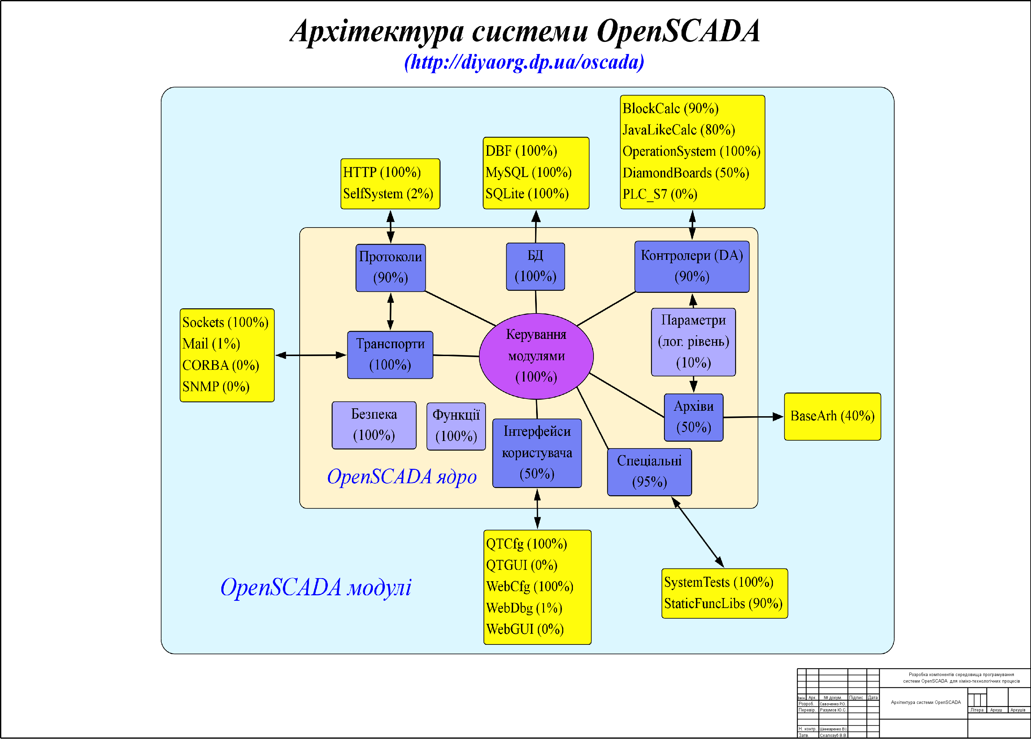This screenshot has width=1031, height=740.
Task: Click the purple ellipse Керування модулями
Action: tap(536, 356)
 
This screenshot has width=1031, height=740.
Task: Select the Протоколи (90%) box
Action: tap(390, 268)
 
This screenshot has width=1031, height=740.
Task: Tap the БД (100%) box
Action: tap(535, 266)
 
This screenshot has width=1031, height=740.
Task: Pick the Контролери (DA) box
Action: tap(691, 266)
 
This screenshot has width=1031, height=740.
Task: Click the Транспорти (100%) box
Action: tap(390, 355)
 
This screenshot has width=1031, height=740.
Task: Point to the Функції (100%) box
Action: tap(456, 426)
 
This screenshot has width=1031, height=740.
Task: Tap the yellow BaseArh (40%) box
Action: tap(832, 416)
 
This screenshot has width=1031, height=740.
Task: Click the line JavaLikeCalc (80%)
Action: tap(678, 130)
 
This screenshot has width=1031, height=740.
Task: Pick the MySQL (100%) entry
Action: tap(528, 172)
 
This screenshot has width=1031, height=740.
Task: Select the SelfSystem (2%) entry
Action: tap(388, 194)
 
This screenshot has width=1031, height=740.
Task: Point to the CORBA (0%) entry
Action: tap(221, 365)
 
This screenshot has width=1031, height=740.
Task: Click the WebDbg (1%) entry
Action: tap(524, 608)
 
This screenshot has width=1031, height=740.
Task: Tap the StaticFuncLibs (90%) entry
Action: tap(723, 604)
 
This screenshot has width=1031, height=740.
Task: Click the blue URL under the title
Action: tap(524, 62)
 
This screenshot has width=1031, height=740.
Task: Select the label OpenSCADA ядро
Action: tap(401, 476)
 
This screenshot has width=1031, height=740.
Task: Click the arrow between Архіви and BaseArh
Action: tap(753, 417)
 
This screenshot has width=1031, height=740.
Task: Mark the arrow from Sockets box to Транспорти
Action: tap(311, 355)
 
